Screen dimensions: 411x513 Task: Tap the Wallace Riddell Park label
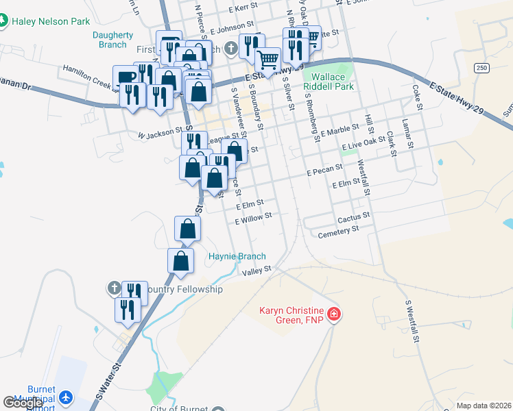click(x=333, y=82)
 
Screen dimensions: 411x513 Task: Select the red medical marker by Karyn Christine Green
click(x=334, y=314)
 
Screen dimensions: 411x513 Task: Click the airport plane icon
click(x=66, y=397)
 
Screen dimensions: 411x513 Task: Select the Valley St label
click(x=258, y=271)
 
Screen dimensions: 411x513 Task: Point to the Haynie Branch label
click(x=237, y=256)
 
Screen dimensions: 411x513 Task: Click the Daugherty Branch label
click(x=110, y=40)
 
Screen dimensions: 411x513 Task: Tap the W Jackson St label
click(x=160, y=134)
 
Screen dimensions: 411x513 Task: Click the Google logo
click(x=23, y=403)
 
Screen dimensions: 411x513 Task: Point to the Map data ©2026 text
click(x=484, y=406)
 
